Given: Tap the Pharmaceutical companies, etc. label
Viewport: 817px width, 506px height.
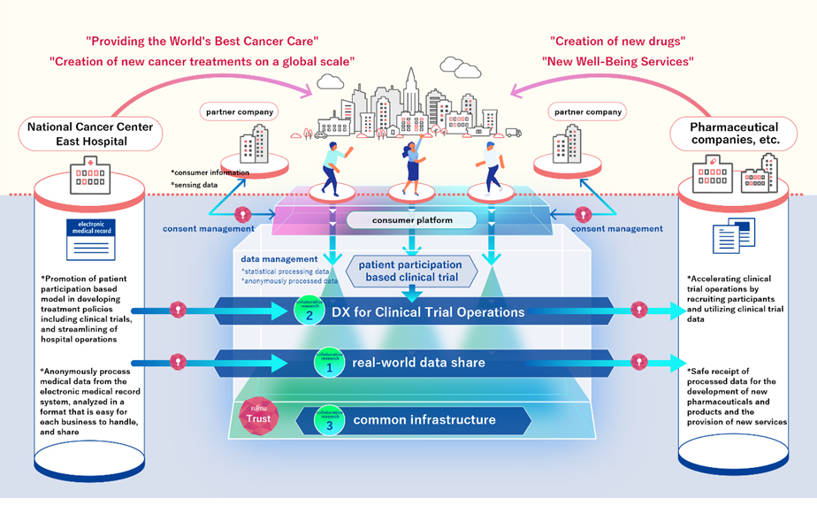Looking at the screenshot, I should coord(734,134).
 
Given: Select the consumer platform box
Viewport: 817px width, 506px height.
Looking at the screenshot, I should coord(410,219).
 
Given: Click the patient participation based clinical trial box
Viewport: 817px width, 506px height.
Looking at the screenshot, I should coord(408,272).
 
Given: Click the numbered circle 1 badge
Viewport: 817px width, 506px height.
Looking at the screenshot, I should coord(328,363).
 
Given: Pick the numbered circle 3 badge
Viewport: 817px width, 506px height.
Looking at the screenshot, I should coord(328,419).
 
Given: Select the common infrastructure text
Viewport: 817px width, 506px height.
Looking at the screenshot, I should coord(424,419).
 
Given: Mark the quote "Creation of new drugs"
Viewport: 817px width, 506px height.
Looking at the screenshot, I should coord(616,41).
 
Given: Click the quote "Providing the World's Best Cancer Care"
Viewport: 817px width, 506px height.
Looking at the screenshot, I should coord(202,41).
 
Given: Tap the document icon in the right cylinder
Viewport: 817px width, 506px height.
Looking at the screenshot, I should coord(730,238).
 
